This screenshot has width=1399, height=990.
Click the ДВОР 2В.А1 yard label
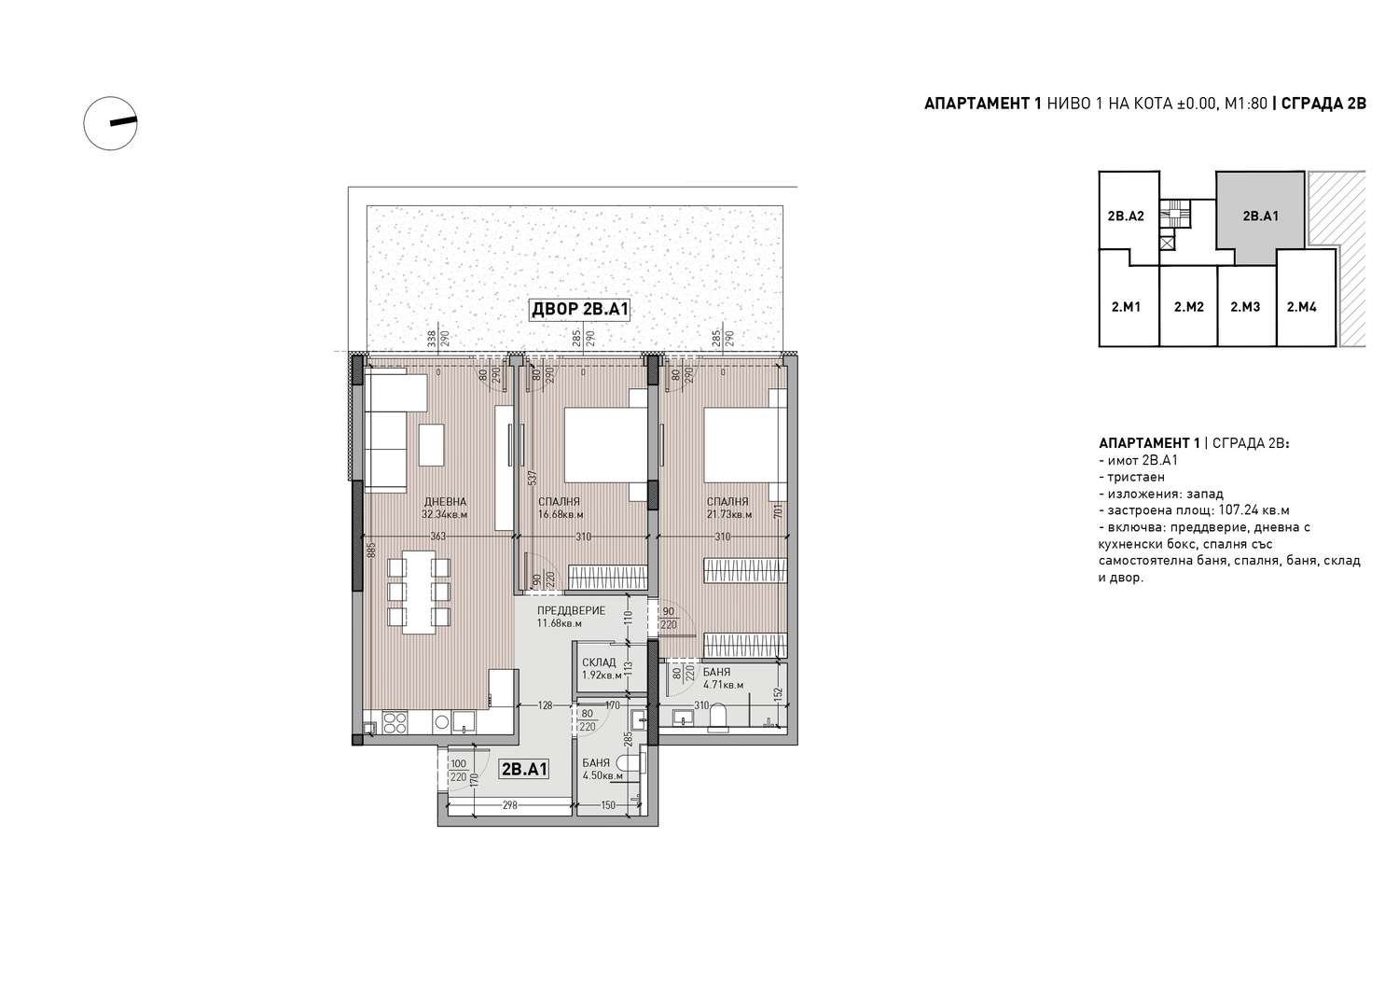579,310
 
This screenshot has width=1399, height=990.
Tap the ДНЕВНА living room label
445,502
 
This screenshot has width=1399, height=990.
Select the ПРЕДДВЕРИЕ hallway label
572,610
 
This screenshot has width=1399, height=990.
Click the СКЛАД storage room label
599,662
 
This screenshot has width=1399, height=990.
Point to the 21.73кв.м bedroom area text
729,515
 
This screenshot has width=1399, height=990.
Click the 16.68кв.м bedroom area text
561,515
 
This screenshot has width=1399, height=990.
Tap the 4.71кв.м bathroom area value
723,684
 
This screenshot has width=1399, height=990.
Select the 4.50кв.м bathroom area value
603,775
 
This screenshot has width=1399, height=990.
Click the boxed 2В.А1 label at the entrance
524,770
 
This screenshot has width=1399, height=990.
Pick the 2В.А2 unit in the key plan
1126,216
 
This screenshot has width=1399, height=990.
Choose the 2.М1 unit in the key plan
1126,307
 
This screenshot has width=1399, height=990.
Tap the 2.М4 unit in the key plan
1302,307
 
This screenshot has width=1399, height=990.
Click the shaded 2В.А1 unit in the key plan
1260,216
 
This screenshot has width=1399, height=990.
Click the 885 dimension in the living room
371,550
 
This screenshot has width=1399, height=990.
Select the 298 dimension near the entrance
509,805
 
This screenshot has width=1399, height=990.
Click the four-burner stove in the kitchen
395,723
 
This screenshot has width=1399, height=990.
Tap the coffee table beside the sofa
432,444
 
